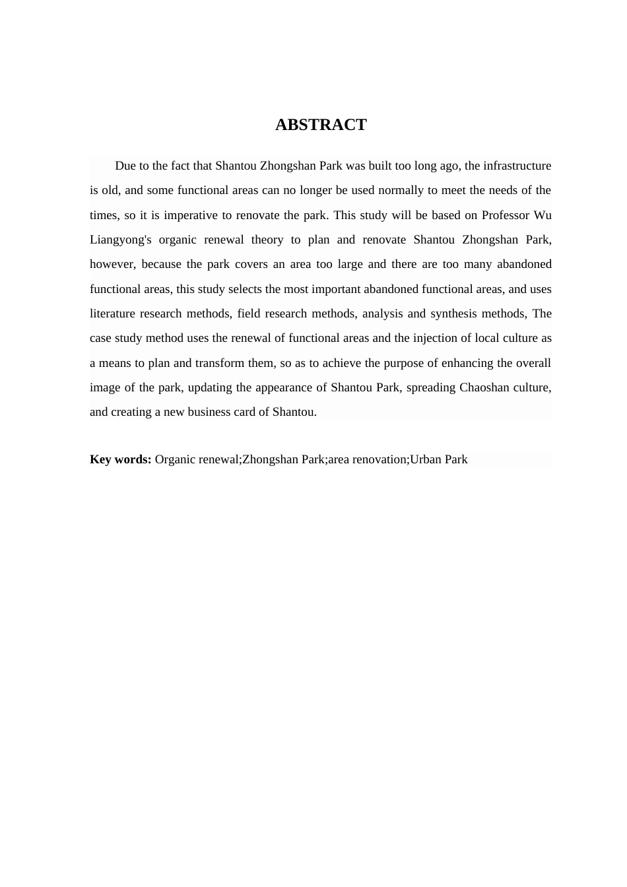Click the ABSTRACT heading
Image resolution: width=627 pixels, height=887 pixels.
(x=321, y=125)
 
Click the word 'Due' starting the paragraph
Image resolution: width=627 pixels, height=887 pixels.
(x=125, y=166)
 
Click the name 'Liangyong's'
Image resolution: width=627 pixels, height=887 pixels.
(x=121, y=240)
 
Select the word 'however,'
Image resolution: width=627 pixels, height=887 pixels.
(x=113, y=264)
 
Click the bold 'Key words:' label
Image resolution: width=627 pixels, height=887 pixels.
(x=121, y=459)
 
